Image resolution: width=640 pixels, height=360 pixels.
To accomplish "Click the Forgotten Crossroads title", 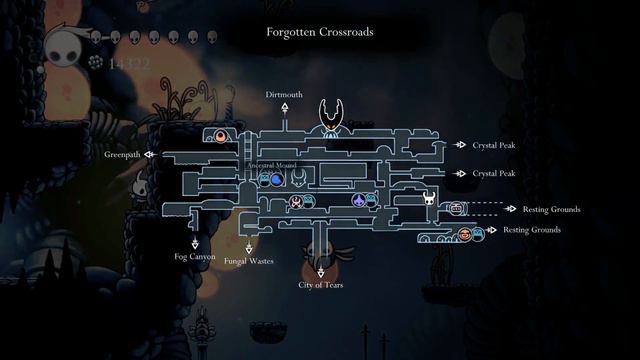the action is [319, 31].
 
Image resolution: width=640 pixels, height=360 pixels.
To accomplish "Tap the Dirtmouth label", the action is [284, 94].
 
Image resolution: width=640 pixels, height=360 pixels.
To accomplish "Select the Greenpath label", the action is [123, 155].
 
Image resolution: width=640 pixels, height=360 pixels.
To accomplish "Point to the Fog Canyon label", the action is [195, 257].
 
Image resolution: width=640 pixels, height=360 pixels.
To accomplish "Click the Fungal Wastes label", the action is [249, 262].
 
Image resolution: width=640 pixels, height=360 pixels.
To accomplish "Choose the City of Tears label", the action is [321, 285].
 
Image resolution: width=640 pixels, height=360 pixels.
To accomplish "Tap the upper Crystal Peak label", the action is [494, 145].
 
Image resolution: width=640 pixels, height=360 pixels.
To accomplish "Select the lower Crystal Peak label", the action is [494, 173].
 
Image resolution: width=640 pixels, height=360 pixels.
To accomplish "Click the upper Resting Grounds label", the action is [551, 210].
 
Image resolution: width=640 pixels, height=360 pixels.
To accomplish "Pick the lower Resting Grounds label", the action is [531, 230].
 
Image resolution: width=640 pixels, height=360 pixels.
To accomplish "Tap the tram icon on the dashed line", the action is [457, 208].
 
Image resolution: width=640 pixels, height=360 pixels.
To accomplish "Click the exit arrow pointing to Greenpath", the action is [149, 155].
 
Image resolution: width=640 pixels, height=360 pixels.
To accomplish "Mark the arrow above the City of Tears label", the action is [321, 271].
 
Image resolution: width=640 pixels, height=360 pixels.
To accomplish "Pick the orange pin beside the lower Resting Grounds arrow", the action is [464, 234].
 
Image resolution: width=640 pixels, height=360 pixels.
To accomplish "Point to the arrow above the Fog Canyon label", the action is [195, 243].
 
